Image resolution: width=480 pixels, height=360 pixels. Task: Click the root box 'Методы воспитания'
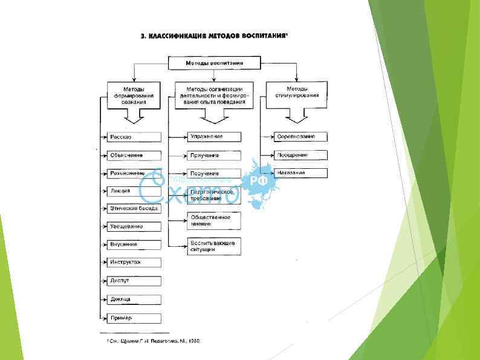(214, 62)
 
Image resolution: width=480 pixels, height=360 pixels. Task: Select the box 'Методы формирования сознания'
(134, 95)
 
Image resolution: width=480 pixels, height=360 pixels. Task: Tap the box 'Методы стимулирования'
(297, 95)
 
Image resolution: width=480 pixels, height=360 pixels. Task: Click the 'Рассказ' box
(134, 137)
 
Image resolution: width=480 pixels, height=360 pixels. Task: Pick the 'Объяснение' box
(134, 155)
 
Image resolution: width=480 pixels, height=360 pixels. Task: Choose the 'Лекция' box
(134, 191)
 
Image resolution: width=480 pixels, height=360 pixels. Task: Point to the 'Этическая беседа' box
(134, 209)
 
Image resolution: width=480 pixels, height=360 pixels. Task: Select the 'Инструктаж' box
(134, 263)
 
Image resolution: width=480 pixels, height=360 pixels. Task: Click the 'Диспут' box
(134, 281)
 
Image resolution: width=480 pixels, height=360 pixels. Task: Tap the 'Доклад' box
(134, 299)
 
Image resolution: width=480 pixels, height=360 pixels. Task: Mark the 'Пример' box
(134, 318)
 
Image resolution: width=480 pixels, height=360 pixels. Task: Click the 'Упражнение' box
(214, 137)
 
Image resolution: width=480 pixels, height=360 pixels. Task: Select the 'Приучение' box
(214, 155)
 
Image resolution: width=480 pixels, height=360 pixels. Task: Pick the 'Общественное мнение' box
(214, 220)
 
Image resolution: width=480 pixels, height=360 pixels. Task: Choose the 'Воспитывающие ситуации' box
(214, 246)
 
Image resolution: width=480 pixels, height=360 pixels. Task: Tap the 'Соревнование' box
(300, 137)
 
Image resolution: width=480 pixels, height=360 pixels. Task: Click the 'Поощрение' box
(300, 155)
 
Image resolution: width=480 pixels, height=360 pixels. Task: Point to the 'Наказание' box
(300, 173)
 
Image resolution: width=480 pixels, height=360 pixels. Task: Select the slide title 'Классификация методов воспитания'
(215, 36)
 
